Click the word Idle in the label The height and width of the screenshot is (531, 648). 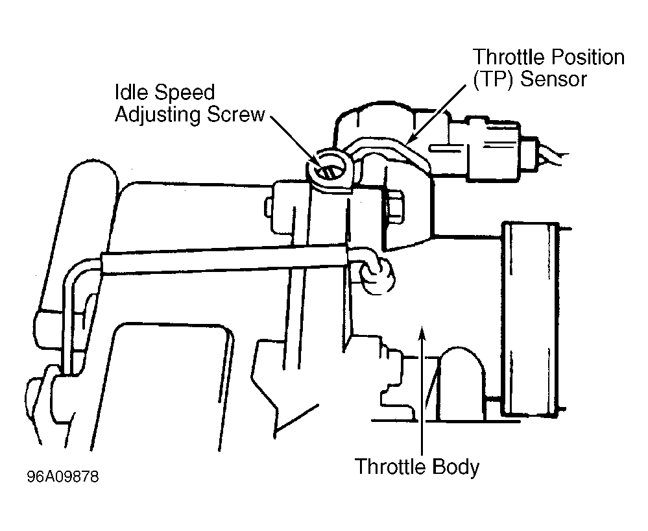(132, 92)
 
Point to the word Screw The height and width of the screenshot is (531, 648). (235, 114)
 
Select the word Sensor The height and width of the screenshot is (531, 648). (553, 79)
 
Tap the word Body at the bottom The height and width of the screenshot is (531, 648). (456, 467)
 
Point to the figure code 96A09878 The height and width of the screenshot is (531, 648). (63, 477)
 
